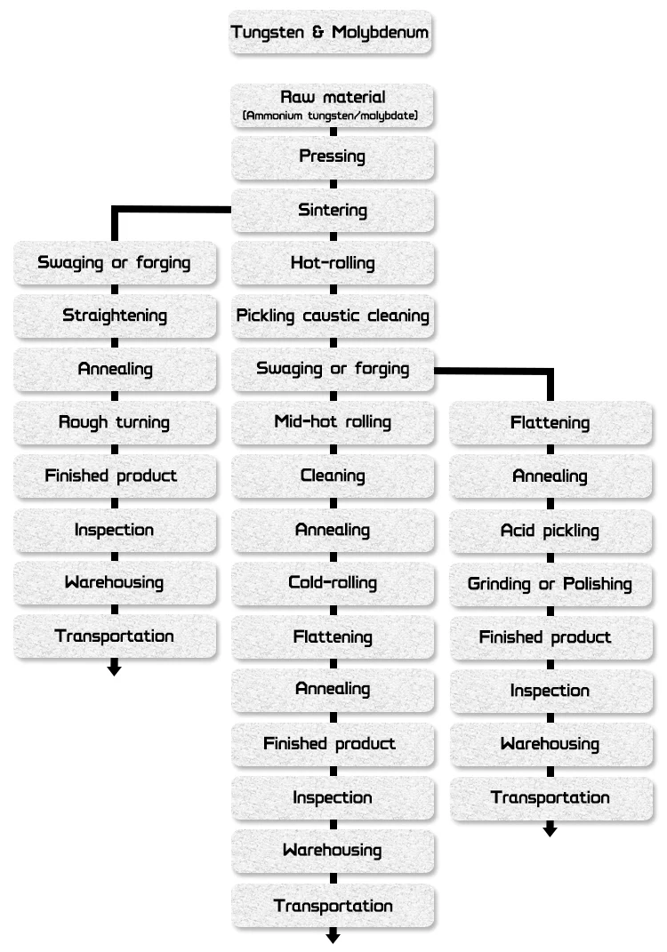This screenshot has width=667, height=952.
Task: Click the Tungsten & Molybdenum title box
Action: click(331, 33)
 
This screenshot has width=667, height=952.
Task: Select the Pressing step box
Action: click(333, 156)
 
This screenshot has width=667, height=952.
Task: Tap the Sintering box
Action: click(333, 211)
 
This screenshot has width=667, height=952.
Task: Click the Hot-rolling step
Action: click(333, 263)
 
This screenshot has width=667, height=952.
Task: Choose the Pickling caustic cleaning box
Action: click(333, 316)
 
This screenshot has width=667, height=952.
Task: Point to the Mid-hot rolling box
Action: click(333, 421)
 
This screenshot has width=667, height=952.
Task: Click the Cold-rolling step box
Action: click(333, 583)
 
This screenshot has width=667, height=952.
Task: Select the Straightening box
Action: click(115, 316)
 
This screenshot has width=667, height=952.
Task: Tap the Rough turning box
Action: click(115, 422)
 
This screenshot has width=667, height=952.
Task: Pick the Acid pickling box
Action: click(550, 531)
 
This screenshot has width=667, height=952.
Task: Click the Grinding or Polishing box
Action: click(550, 584)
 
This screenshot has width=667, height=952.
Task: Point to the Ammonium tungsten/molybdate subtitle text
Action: click(331, 116)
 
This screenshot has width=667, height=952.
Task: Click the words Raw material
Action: click(333, 97)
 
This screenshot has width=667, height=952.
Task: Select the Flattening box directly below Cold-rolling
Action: click(333, 636)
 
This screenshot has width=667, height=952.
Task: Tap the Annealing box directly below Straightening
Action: click(115, 369)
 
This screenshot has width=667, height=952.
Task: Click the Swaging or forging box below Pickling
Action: click(333, 368)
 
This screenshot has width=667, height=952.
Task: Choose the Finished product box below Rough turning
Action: click(115, 476)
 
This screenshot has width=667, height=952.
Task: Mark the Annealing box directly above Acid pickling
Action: click(550, 476)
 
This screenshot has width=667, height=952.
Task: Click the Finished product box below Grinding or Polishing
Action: click(550, 637)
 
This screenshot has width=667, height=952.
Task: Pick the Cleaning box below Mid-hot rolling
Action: click(333, 476)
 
